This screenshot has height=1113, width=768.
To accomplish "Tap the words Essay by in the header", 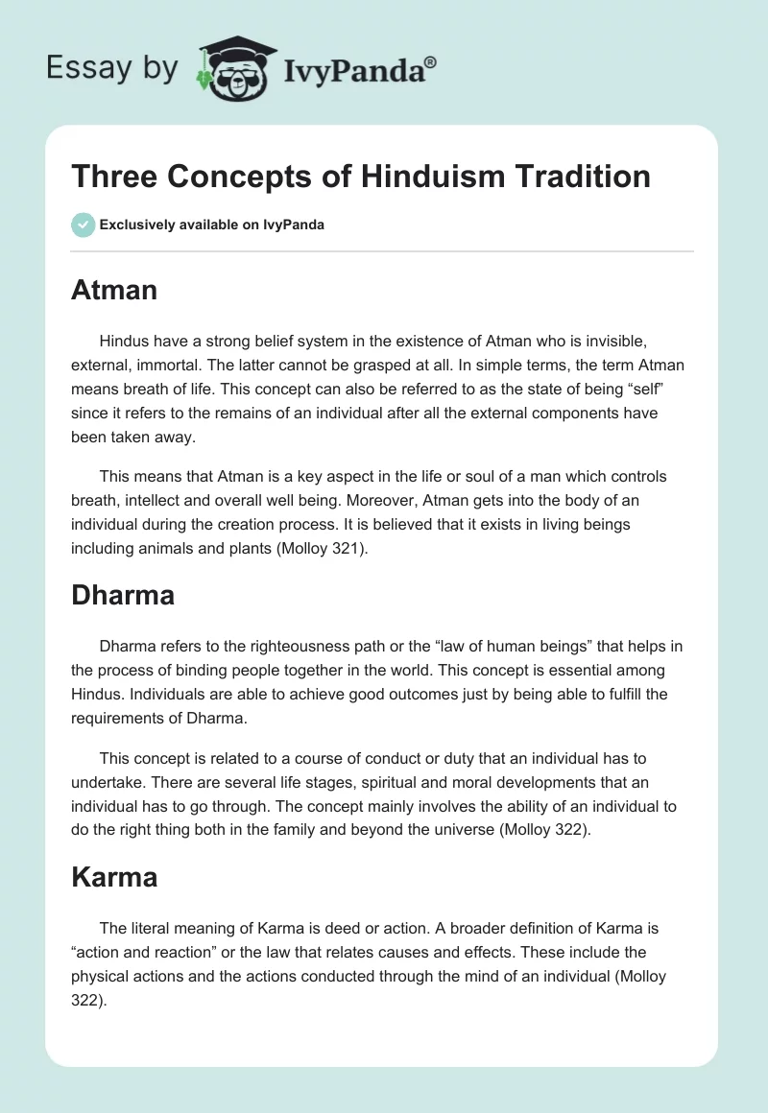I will click(x=112, y=67).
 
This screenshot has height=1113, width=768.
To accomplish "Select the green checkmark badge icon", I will click(x=83, y=225).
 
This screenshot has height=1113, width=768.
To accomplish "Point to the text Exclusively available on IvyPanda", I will click(x=212, y=225).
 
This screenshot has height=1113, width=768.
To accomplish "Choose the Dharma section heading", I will click(x=123, y=595).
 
